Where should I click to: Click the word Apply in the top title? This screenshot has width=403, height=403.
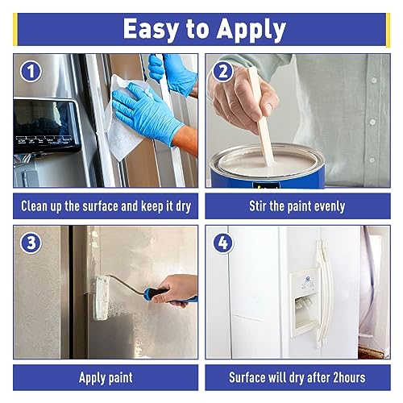tap(249, 31)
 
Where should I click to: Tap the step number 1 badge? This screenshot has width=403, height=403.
tap(31, 71)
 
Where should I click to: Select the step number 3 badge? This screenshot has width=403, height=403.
tap(31, 243)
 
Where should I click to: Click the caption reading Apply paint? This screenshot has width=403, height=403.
tap(106, 377)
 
